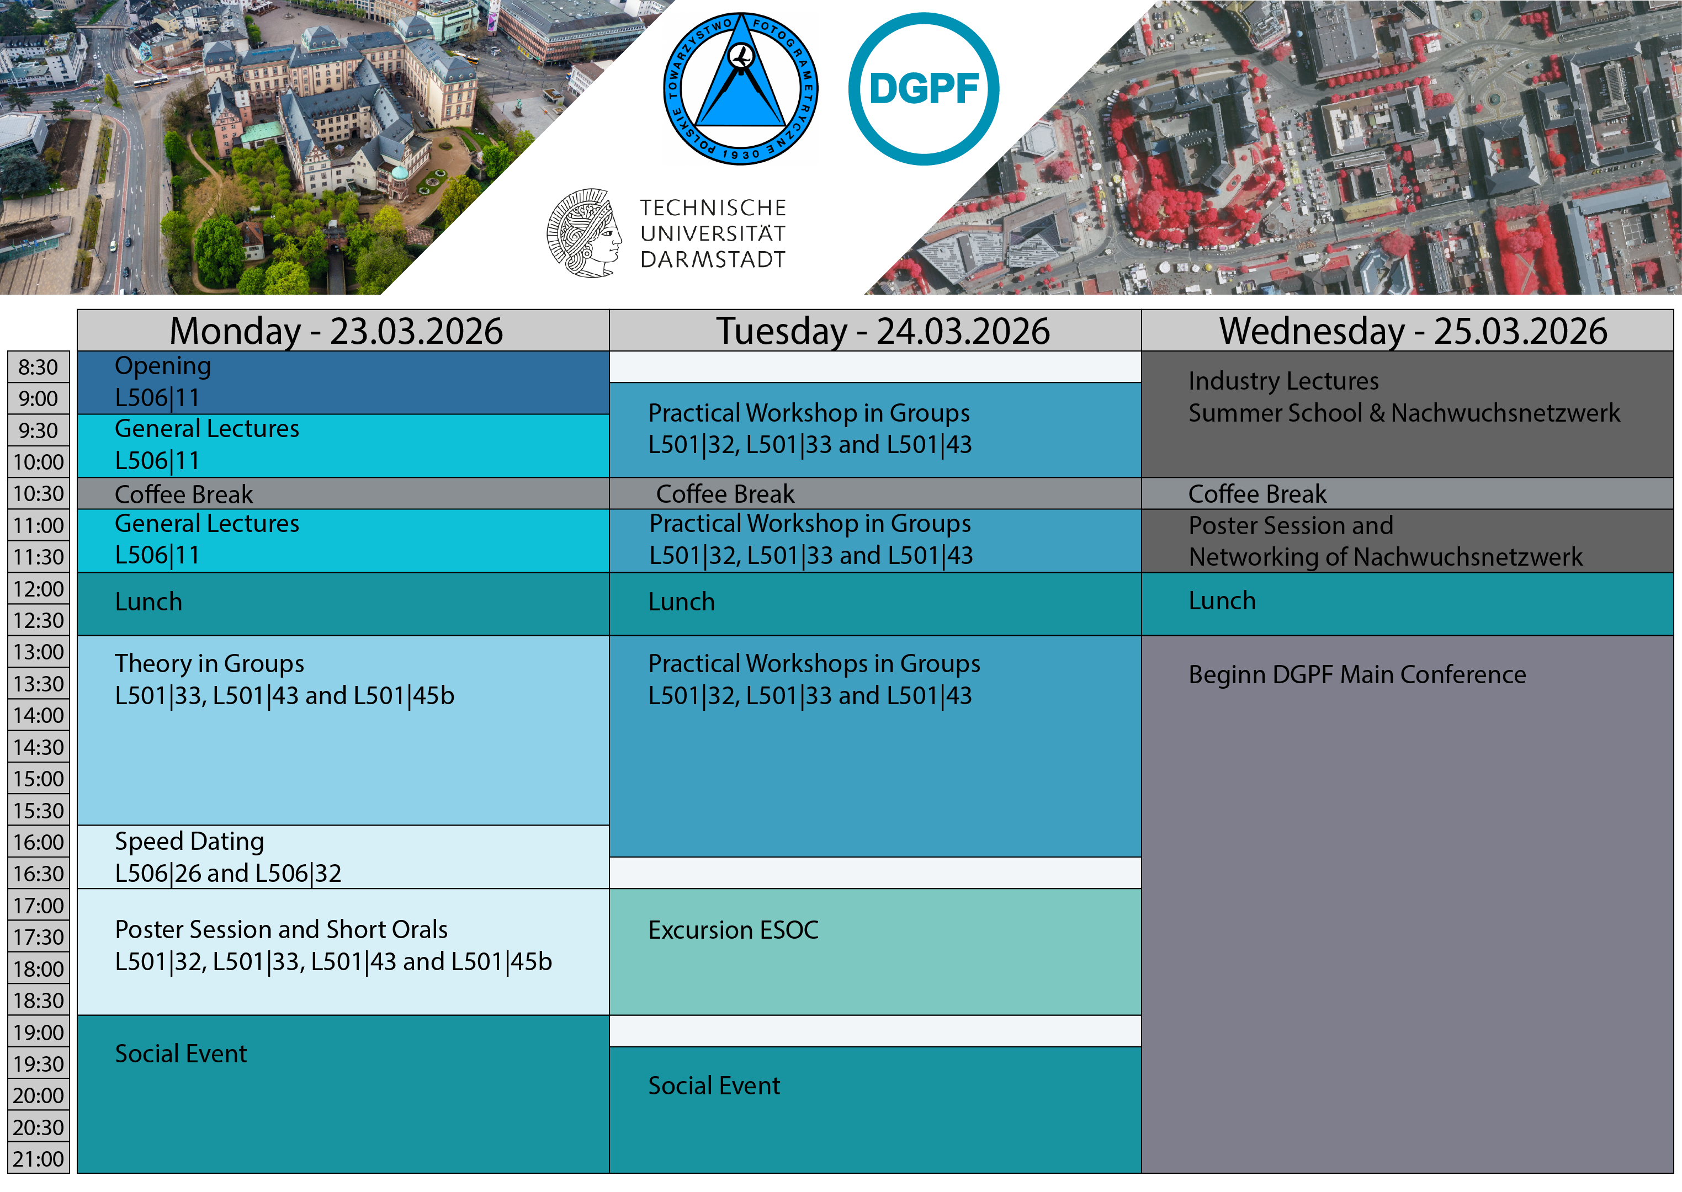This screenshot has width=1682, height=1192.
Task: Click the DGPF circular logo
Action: point(923,89)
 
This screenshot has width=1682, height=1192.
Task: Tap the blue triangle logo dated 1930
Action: point(740,89)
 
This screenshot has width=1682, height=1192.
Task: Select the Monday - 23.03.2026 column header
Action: point(336,331)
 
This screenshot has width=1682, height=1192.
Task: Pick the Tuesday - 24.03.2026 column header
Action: point(883,331)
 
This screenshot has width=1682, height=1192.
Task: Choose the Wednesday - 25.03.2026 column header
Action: point(1413,331)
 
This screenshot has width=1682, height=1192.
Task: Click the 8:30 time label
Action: point(38,367)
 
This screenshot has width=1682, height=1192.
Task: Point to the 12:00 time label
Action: point(38,589)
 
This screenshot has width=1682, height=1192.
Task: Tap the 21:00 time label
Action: point(38,1159)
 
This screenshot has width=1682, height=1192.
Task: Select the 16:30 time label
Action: point(38,874)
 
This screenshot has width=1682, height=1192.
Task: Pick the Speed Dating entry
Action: point(189,841)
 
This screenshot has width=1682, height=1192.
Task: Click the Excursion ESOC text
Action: point(733,930)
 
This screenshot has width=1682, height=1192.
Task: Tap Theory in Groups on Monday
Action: point(209,663)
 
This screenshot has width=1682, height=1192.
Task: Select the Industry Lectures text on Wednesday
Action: point(1283,381)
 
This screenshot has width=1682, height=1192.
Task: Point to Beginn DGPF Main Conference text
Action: point(1357,674)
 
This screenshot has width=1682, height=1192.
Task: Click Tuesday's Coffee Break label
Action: point(725,494)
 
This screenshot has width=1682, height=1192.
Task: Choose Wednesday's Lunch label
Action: point(1222,600)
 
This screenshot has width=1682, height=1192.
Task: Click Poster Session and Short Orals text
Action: point(281,930)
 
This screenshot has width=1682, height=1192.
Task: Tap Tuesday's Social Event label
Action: point(714,1085)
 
